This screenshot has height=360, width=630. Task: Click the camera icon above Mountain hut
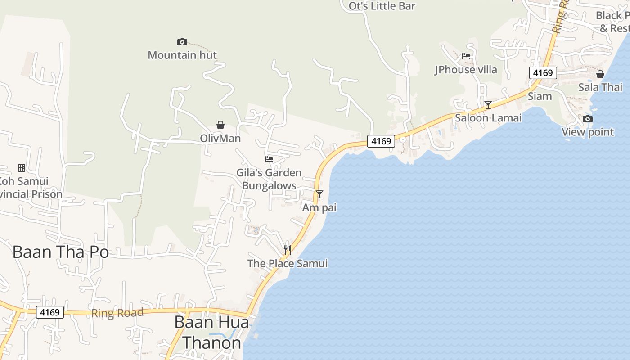[x=182, y=42]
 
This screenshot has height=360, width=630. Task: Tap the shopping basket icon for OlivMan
[x=220, y=125]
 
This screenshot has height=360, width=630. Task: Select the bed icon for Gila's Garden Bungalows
[x=269, y=159]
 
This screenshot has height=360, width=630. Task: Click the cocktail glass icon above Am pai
[x=319, y=194]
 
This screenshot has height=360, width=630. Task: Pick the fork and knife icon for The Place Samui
[x=288, y=250]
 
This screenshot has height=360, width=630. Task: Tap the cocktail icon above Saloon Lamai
[x=488, y=105]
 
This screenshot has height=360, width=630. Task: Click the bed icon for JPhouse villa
[x=466, y=56]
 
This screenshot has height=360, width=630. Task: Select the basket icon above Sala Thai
[x=600, y=74]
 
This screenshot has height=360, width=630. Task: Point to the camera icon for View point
[x=588, y=119]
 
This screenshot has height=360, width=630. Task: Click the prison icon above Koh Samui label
[x=21, y=168]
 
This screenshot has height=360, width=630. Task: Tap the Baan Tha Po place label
[x=61, y=252]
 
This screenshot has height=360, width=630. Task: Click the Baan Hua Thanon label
[x=211, y=333]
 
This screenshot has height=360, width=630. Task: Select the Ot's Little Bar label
[x=382, y=6]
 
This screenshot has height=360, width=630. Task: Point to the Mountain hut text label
[x=182, y=55]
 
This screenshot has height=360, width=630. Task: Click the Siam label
[x=540, y=96]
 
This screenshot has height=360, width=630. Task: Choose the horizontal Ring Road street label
[x=117, y=313]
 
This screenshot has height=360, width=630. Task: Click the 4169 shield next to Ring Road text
[x=50, y=312]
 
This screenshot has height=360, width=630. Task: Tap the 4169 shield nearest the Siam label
[x=543, y=73]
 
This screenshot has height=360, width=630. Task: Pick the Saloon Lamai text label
[x=488, y=118]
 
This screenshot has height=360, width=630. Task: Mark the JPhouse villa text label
[x=466, y=70]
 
